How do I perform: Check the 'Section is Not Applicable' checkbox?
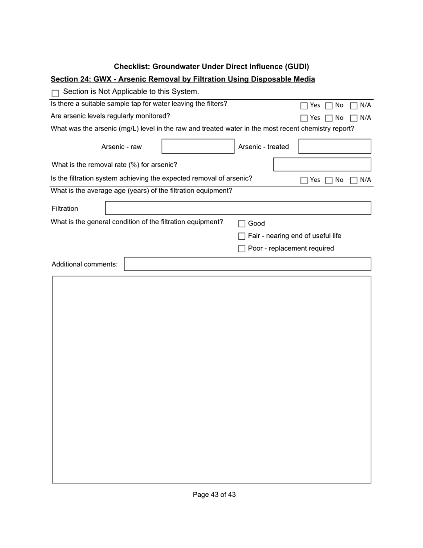[x=55, y=94]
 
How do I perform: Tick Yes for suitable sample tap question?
[x=304, y=106]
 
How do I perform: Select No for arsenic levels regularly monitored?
[x=329, y=119]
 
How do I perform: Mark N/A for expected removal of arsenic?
[x=354, y=180]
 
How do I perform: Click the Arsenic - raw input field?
[x=198, y=147]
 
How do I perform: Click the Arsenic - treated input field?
[x=334, y=147]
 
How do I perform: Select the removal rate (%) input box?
[x=322, y=164]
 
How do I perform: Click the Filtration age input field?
[x=238, y=208]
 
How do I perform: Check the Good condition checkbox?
[x=242, y=224]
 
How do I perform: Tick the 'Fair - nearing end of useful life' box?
[x=242, y=236]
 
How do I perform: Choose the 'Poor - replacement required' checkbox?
[x=242, y=249]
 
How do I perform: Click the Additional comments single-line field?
[x=247, y=264]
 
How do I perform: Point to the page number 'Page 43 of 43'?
[x=214, y=495]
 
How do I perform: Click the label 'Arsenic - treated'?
[x=264, y=147]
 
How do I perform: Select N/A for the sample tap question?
[x=354, y=106]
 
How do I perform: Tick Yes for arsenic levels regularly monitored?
[x=304, y=119]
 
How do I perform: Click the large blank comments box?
[x=211, y=379]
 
